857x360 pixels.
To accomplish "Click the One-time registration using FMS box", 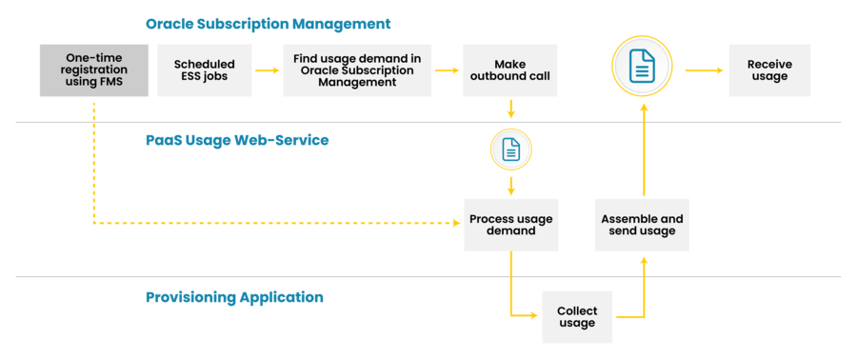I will click(94, 70).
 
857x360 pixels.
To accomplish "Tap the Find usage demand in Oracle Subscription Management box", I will click(357, 70).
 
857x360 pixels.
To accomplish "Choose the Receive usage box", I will click(769, 70).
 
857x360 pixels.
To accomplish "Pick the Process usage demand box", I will click(510, 225).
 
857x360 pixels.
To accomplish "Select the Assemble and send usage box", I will click(642, 225).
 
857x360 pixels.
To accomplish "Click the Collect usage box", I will click(576, 316).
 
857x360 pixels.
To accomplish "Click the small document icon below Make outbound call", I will click(511, 148).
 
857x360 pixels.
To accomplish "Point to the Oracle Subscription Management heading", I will click(268, 23).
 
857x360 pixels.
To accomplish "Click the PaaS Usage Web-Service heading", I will click(237, 140).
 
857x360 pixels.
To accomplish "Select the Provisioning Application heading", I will click(234, 297).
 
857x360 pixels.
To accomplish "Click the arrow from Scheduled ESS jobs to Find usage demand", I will click(268, 70).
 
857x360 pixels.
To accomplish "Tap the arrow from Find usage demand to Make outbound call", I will click(447, 70).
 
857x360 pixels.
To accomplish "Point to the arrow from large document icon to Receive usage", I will click(701, 70).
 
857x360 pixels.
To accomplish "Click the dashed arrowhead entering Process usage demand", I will click(455, 225).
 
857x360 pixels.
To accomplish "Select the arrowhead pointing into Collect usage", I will click(534, 316).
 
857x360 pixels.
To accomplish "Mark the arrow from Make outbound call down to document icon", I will click(511, 109).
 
